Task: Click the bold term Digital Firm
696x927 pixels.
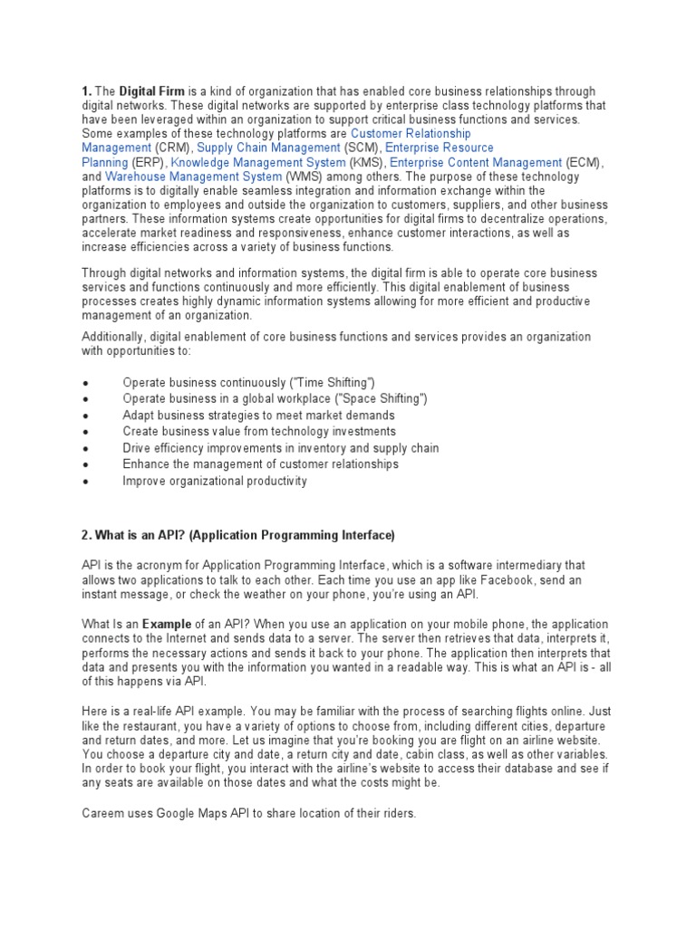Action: (x=152, y=91)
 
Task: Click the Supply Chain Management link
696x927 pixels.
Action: (x=268, y=148)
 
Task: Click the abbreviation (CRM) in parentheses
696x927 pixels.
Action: (x=173, y=148)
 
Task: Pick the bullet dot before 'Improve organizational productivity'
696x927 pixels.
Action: (x=84, y=482)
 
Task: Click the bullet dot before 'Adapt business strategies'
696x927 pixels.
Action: (x=84, y=416)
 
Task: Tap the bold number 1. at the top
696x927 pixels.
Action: (x=87, y=91)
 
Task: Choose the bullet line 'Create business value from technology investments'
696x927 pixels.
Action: (x=259, y=432)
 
